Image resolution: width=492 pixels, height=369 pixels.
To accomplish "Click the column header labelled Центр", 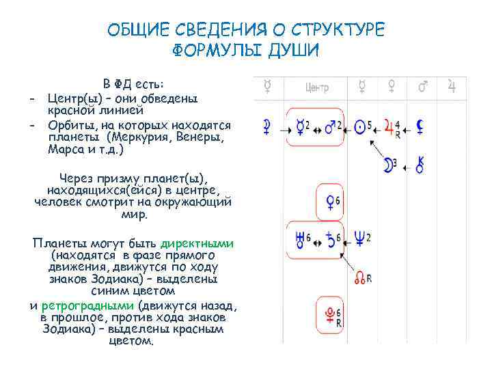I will pyautogui.click(x=317, y=87).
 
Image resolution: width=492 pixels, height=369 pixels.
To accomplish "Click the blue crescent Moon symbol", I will pyautogui.click(x=389, y=163).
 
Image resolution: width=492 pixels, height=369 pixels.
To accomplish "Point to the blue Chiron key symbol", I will pyautogui.click(x=421, y=163).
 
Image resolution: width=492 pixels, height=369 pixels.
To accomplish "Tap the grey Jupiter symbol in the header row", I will pyautogui.click(x=451, y=86).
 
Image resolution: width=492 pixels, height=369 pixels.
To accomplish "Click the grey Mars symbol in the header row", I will pyautogui.click(x=422, y=86).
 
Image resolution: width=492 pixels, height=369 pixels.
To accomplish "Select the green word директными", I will pyautogui.click(x=197, y=243).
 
